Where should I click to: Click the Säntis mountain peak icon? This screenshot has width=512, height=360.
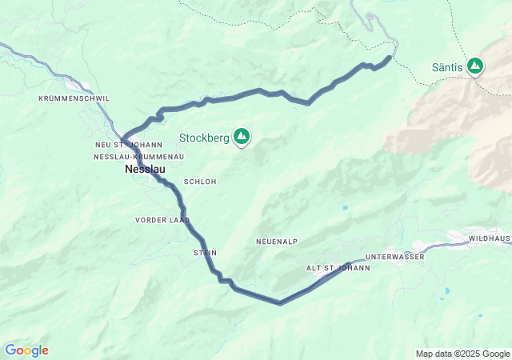click(475, 66)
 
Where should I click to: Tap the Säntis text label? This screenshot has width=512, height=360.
click(447, 68)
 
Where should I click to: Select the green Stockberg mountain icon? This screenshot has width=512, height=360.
click(241, 137)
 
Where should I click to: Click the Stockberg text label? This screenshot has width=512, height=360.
click(204, 138)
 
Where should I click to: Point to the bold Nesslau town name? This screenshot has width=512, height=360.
click(145, 170)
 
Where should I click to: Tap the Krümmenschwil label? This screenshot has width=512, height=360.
click(74, 98)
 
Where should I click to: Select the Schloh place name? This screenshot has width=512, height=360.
click(200, 182)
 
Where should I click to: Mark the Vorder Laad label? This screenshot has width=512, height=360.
click(162, 219)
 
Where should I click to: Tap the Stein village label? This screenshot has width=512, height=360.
click(205, 253)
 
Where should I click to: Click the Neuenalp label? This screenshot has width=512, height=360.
click(277, 241)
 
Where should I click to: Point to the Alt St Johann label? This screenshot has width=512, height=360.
click(338, 268)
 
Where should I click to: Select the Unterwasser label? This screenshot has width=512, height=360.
click(394, 257)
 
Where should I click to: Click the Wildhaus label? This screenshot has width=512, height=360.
click(490, 238)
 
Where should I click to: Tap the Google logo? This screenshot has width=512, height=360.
click(26, 350)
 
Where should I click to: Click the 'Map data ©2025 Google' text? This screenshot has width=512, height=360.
click(462, 354)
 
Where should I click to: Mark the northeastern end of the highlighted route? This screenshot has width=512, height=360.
click(390, 57)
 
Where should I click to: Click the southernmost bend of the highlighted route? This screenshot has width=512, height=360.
click(279, 303)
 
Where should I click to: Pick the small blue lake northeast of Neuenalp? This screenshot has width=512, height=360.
click(345, 208)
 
